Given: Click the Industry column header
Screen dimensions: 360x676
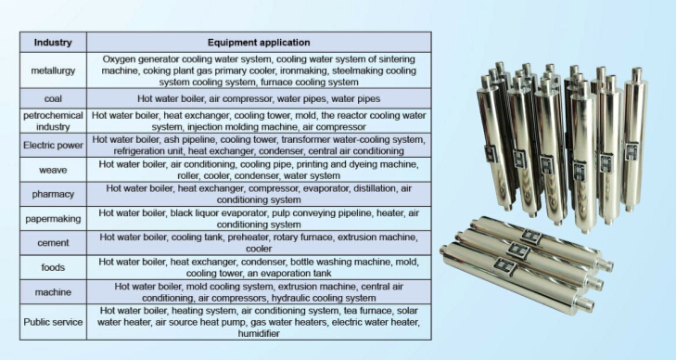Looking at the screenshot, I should (54, 42).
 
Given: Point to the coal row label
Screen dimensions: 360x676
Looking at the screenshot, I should (54, 99).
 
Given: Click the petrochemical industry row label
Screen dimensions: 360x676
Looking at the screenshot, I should (54, 122).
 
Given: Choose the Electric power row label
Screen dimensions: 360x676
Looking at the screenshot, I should (54, 146).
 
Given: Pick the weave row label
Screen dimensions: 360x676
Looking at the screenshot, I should (54, 170).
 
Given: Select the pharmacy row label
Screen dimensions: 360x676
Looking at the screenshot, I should (54, 194).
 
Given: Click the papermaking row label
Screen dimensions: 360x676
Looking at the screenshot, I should (54, 219).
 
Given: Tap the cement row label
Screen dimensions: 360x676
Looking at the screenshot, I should (54, 243).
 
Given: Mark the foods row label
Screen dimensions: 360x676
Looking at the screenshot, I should (54, 267).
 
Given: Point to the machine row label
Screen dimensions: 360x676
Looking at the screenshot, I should (54, 292).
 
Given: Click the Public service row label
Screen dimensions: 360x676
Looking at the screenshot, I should (54, 322).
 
